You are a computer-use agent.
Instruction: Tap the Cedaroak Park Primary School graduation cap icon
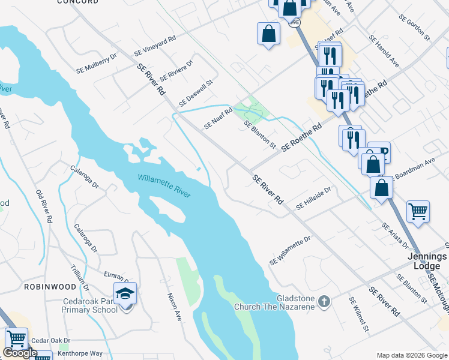click(x=125, y=294)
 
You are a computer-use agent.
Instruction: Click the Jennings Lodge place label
click(x=427, y=260)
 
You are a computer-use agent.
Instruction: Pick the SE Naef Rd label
click(x=218, y=118)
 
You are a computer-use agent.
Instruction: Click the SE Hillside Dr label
click(x=313, y=198)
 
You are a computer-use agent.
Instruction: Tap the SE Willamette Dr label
click(x=290, y=251)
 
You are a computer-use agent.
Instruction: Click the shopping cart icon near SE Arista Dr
click(x=418, y=211)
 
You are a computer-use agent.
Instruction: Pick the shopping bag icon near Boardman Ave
click(x=382, y=187)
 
